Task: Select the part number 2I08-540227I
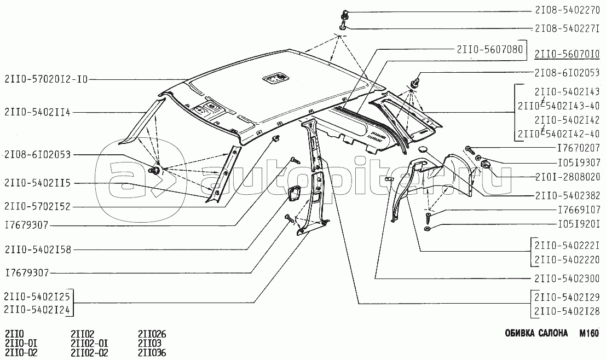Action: tap(568, 28)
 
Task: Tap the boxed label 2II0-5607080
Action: tap(489, 49)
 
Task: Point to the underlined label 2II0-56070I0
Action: tap(568, 54)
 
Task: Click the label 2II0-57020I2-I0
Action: tap(45, 79)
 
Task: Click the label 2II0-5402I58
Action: tap(37, 249)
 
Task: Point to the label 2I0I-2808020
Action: tap(568, 176)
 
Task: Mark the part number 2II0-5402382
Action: tap(568, 195)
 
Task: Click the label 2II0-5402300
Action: tap(568, 277)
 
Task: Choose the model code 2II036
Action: tap(152, 352)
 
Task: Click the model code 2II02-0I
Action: tap(90, 343)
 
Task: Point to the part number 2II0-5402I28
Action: tap(568, 311)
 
